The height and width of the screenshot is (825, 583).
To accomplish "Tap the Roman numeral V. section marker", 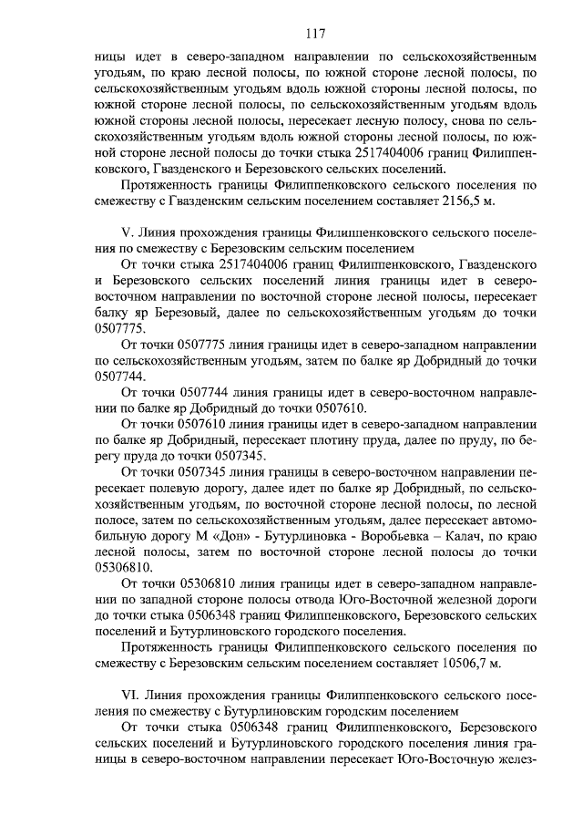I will pos(128,232).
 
